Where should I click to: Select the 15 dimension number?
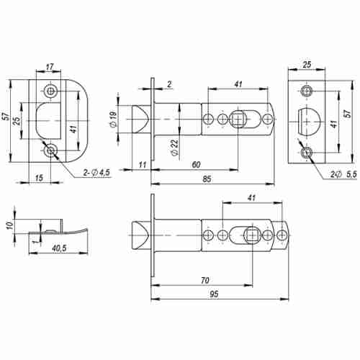[37, 178]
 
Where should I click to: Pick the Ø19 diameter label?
[114, 120]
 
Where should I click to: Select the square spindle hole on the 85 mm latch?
[238, 118]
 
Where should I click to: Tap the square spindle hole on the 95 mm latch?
[253, 235]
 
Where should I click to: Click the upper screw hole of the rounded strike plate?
[50, 91]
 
